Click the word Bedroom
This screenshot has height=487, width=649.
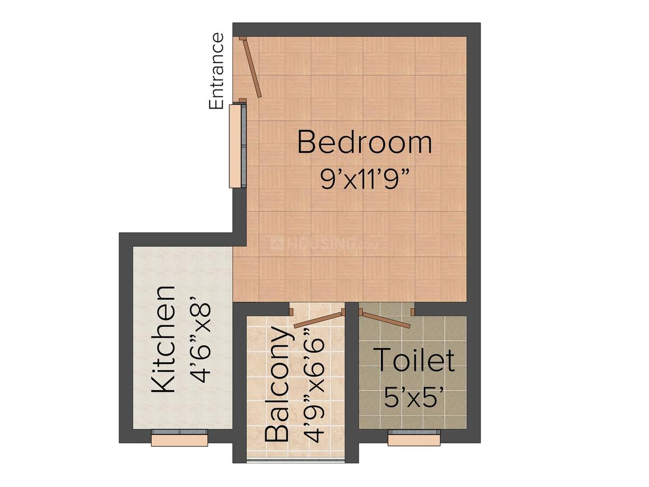tap(364, 142)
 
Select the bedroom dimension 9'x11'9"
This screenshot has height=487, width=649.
tap(364, 179)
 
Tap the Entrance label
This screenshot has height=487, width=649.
tap(216, 72)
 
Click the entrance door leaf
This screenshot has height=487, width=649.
tap(251, 67)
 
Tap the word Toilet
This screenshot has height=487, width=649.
tap(413, 360)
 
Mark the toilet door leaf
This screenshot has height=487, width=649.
tap(384, 319)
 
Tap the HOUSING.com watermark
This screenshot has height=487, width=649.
tap(324, 243)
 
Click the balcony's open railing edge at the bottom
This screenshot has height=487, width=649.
tap(295, 461)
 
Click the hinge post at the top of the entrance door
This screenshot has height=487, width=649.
tap(243, 39)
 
